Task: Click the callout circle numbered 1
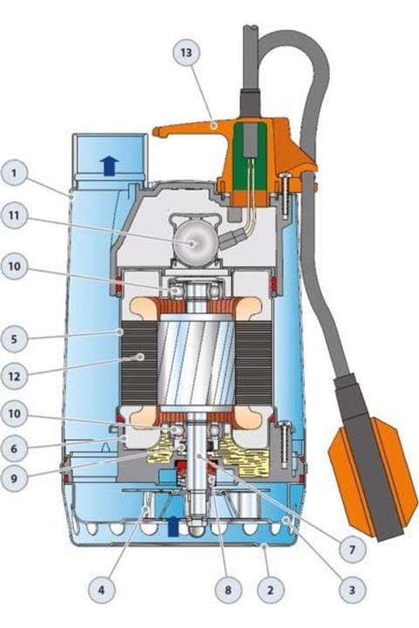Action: [x=16, y=173]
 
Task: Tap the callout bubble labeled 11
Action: [x=16, y=219]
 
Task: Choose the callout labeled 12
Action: [x=16, y=376]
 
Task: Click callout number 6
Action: [x=16, y=447]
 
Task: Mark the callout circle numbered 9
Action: [x=16, y=477]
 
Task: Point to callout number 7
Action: [x=352, y=550]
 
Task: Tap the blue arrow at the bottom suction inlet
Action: [x=173, y=525]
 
